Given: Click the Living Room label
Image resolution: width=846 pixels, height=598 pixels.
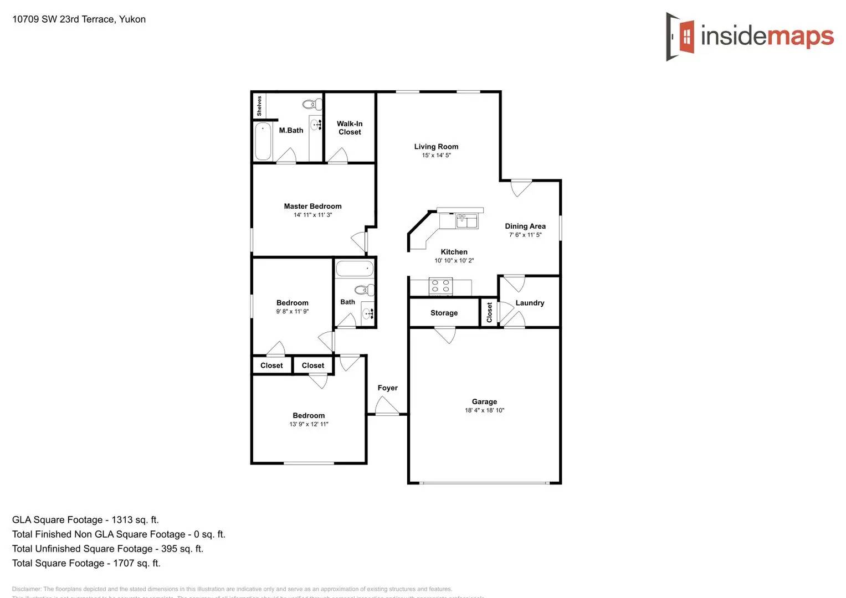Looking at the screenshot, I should click(436, 147).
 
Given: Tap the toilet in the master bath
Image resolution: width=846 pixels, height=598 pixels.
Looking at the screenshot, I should click(313, 104).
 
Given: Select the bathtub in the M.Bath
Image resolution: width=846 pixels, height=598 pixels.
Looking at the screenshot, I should click(263, 141).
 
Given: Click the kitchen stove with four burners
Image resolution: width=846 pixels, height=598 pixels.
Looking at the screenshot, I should click(440, 286).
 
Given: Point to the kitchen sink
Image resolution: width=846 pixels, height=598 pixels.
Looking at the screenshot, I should click(467, 221).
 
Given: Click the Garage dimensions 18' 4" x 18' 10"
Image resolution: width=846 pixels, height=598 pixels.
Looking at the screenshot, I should click(484, 410).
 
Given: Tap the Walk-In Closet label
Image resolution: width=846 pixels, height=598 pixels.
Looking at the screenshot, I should click(350, 128).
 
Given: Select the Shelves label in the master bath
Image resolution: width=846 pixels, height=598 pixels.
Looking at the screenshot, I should click(259, 105).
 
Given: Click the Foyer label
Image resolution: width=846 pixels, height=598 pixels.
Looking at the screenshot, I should click(387, 388).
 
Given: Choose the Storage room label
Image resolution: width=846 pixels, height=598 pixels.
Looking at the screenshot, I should click(444, 313).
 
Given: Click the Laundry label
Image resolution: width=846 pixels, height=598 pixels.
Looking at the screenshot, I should click(530, 303).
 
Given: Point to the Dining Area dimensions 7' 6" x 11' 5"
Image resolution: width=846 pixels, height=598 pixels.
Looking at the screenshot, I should click(525, 235).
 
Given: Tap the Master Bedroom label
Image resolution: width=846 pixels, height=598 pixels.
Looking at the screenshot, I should click(312, 206).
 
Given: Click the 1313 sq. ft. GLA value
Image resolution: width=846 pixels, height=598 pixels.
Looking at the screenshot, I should click(135, 520).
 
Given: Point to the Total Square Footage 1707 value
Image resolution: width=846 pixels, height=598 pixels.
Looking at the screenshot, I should click(136, 563).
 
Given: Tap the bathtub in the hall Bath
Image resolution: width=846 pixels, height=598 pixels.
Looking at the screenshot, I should click(355, 269).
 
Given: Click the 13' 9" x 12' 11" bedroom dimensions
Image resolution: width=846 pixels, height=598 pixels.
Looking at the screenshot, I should click(309, 424).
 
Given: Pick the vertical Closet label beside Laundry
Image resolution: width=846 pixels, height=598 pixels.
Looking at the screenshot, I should click(489, 312).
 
